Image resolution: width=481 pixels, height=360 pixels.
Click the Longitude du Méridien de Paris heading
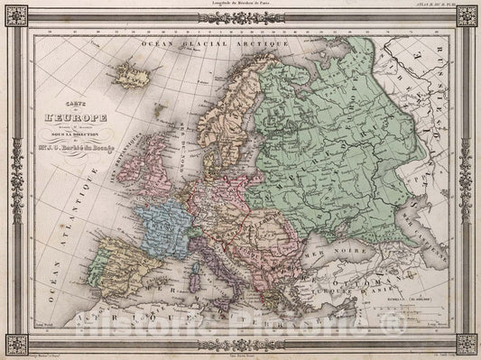240,4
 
